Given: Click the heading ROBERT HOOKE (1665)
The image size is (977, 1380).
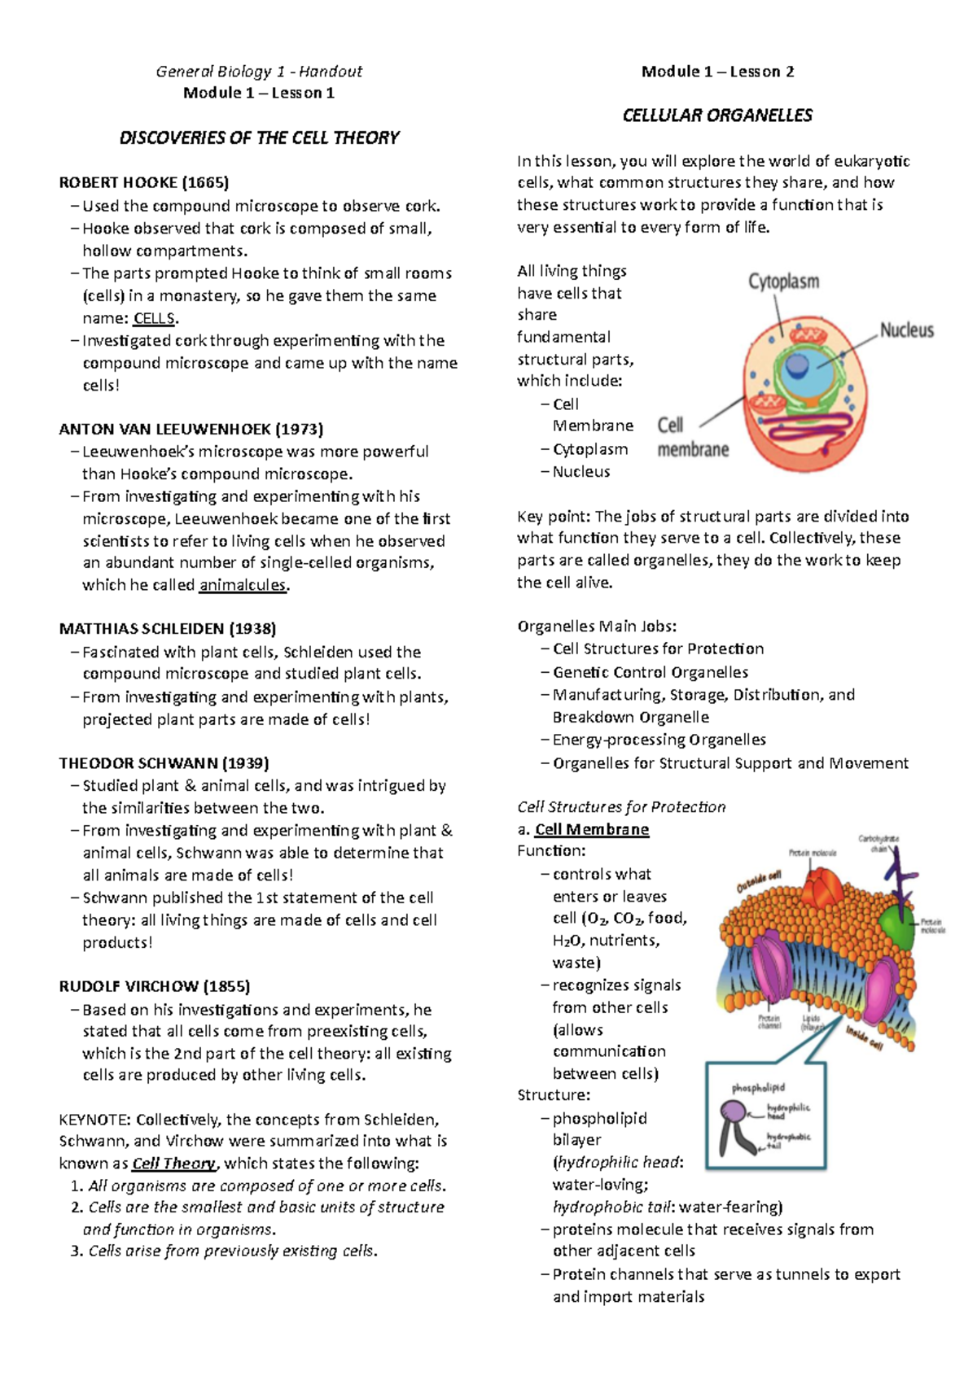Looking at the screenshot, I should tap(143, 182).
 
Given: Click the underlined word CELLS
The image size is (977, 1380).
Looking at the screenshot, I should tap(154, 318).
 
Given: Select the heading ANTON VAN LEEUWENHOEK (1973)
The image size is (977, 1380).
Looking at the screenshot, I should tap(191, 429).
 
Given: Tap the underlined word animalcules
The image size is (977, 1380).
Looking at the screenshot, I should tap(243, 585).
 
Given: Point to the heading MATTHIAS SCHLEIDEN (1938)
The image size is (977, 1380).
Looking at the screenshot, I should tap(167, 628).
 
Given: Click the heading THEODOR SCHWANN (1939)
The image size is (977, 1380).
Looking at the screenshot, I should tap(164, 763).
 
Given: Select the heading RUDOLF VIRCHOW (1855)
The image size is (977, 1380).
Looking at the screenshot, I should tap(154, 986).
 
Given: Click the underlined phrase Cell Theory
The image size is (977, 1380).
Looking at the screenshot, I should tap(174, 1164).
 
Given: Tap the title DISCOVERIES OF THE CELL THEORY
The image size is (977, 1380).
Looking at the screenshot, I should tap(259, 138).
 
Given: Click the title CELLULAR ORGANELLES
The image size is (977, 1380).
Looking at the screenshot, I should tap(716, 116).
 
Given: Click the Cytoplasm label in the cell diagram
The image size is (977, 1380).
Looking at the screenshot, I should tap(783, 282).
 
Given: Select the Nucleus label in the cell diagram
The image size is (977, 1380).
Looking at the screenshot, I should tap(906, 330).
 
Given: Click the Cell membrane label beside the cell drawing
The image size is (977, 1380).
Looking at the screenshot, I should tap(692, 437).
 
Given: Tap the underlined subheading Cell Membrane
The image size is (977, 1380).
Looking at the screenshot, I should tap(591, 829).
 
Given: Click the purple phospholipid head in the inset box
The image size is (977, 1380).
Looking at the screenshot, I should tap(734, 1112).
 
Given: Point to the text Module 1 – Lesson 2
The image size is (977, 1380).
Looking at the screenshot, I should tap(717, 72).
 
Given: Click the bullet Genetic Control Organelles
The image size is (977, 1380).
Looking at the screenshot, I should tap(650, 672).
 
